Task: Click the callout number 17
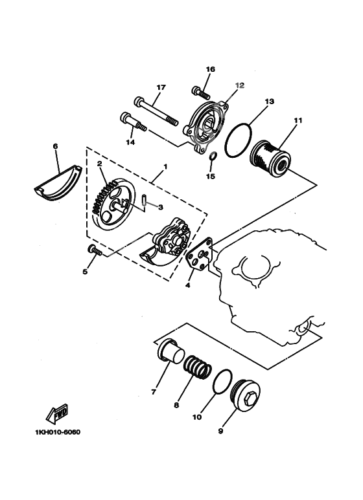tap(161, 88)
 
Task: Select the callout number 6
tap(55, 147)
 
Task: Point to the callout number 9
tap(221, 430)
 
